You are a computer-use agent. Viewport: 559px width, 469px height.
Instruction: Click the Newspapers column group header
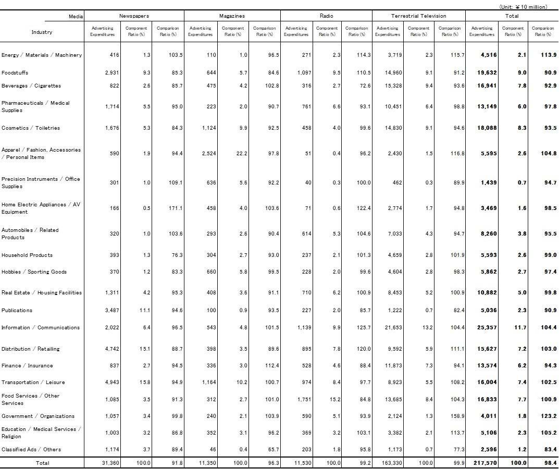(134, 16)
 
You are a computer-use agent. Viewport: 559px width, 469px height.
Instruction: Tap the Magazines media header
(232, 16)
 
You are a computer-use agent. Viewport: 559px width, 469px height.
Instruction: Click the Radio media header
(326, 16)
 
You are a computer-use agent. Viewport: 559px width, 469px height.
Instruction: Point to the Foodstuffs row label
(15, 73)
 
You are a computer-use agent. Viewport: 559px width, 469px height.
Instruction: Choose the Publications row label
(17, 311)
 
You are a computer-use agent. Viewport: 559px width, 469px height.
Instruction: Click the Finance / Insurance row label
(27, 366)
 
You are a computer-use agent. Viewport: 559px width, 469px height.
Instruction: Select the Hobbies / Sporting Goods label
(34, 272)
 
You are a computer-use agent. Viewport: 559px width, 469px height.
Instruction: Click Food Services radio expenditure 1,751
(304, 400)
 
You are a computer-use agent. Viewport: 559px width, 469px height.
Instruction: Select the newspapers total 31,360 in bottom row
(111, 463)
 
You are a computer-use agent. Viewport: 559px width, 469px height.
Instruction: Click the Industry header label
(42, 32)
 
